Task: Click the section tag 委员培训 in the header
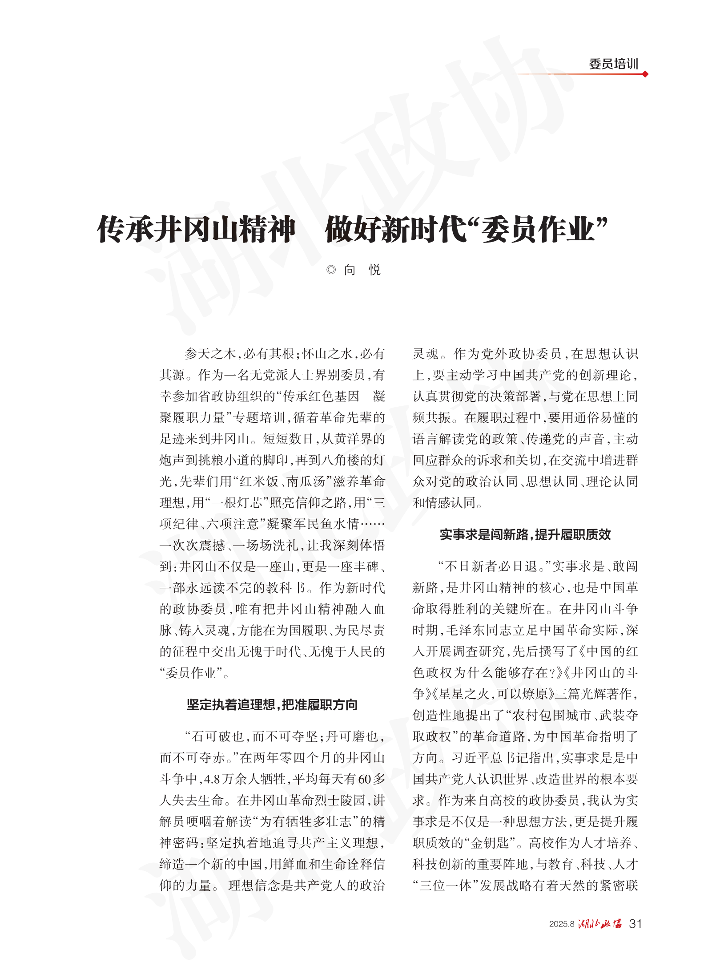(x=613, y=64)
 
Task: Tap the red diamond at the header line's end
(x=645, y=74)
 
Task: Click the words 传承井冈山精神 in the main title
(x=196, y=230)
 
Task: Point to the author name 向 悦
(x=362, y=270)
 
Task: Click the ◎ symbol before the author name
(x=331, y=270)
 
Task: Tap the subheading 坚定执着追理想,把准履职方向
(x=272, y=704)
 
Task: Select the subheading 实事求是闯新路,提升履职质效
(x=525, y=534)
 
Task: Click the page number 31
(x=636, y=924)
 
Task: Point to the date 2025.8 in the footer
(x=562, y=924)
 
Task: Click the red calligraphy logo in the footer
(x=600, y=924)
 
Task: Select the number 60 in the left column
(x=364, y=779)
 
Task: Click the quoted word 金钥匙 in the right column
(x=490, y=843)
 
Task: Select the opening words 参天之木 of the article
(x=210, y=354)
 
